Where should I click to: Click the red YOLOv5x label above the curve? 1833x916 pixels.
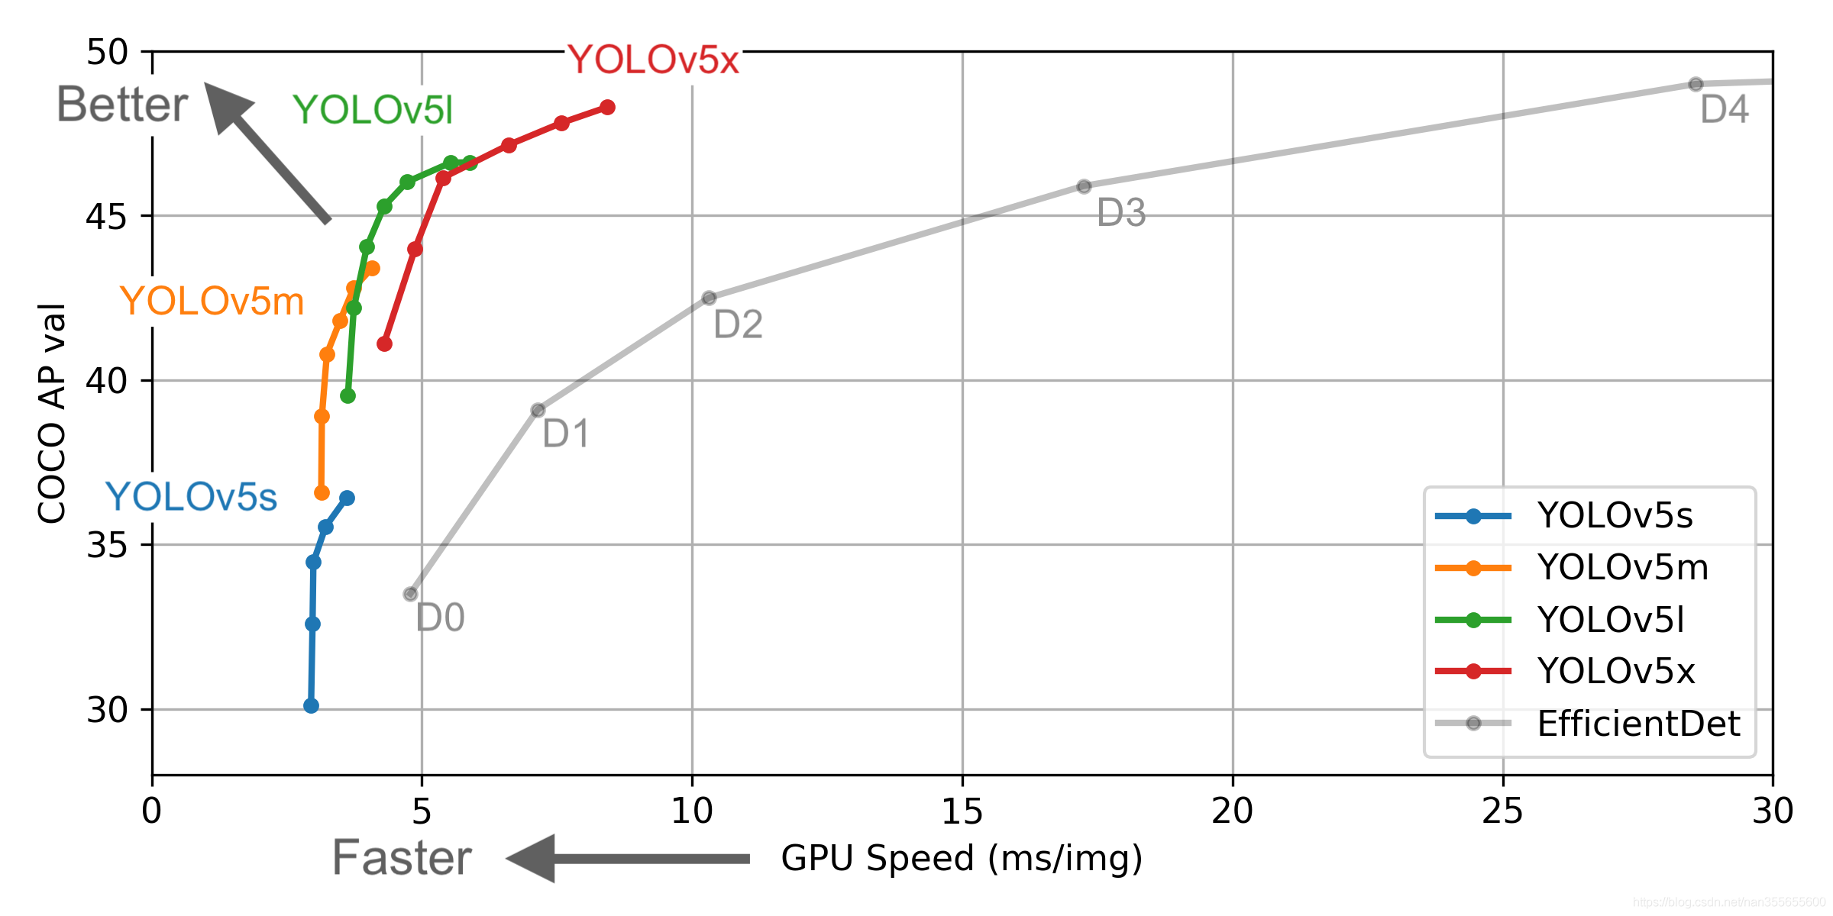coord(653,60)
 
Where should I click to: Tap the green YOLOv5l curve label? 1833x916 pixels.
coord(373,111)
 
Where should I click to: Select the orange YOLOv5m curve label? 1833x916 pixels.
coord(212,302)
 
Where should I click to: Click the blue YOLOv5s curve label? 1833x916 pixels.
coord(191,498)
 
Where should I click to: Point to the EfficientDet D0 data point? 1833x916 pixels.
coord(411,594)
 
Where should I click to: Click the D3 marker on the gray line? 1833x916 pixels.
coord(1084,186)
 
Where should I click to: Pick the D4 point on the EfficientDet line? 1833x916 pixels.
coord(1696,84)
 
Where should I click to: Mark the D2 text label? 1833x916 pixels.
coord(738,325)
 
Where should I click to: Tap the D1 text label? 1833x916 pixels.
coord(566,434)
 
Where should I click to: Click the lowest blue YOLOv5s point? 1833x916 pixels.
coord(311,706)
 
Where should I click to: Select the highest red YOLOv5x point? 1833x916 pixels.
coord(607,108)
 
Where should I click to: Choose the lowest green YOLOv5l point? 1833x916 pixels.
coord(348,396)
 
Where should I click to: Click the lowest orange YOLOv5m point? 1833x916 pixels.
coord(322,493)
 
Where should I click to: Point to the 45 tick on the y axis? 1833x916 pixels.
coord(107,217)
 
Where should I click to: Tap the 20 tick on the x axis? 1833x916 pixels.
coord(1232,811)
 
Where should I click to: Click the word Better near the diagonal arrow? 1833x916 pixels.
coord(122,105)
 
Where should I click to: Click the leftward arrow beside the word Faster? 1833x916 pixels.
coord(626,859)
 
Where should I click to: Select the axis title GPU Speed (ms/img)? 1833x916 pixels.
coord(962,859)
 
